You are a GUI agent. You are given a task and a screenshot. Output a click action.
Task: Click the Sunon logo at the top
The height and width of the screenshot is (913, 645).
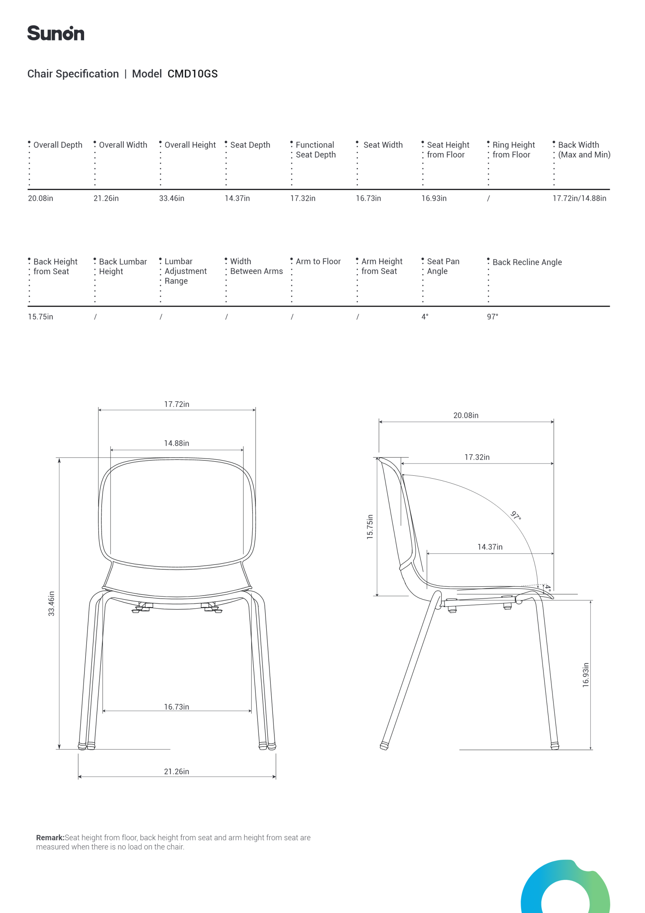click(56, 34)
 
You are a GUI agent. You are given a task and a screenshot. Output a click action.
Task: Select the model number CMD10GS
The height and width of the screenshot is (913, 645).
click(192, 74)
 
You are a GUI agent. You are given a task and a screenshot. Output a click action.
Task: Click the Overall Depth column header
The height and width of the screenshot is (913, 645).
click(58, 145)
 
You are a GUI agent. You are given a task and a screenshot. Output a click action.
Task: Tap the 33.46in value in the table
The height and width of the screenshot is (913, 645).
click(172, 198)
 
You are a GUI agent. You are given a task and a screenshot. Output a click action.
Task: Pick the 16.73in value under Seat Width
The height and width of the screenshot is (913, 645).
click(368, 198)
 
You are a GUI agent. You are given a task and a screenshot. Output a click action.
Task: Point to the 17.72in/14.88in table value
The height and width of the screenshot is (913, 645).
click(579, 198)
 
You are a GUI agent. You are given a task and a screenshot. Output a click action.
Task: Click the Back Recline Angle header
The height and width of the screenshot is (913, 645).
click(527, 262)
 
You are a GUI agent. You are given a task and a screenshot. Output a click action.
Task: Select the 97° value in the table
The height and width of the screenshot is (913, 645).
click(492, 317)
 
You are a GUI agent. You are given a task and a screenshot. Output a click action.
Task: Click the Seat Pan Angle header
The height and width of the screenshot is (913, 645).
click(443, 266)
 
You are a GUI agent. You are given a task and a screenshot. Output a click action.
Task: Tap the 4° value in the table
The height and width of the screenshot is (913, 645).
click(425, 317)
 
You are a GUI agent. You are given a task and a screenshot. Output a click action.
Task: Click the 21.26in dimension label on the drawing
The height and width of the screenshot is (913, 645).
click(176, 771)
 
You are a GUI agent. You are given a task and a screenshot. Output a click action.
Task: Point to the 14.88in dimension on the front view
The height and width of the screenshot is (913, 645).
click(176, 443)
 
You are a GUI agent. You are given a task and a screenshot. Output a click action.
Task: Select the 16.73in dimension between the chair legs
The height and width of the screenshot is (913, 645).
click(176, 707)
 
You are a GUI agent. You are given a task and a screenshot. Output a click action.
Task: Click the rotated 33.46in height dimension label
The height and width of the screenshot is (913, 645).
click(51, 604)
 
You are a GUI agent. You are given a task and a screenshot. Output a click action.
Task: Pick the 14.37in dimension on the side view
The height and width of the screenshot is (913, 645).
click(490, 547)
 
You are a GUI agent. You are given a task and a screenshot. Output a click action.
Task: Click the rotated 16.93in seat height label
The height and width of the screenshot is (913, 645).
click(586, 675)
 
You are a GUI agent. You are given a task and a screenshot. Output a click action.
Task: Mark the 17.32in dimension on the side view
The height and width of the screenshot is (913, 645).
click(477, 457)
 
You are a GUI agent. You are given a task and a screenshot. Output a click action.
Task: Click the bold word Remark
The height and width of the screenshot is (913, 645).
click(50, 837)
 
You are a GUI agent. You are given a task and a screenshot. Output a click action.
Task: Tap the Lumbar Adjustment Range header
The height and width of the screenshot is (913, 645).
click(185, 271)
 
